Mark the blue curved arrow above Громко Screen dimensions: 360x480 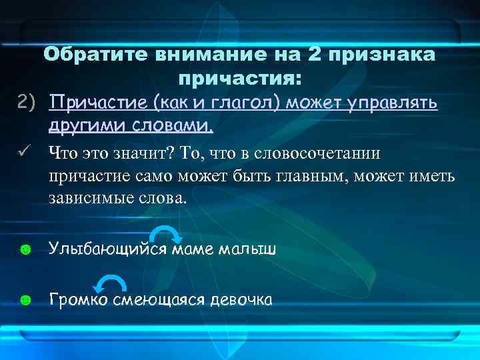click(x=109, y=284)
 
